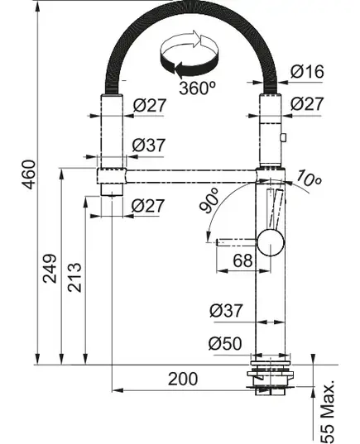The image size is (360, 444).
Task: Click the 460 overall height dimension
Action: point(29,174)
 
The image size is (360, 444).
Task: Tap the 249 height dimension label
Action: point(50,269)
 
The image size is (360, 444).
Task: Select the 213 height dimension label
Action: point(74,277)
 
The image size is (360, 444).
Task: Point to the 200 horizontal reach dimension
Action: point(183,379)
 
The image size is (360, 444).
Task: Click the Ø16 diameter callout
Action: point(307,71)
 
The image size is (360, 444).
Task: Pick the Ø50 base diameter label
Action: point(225,343)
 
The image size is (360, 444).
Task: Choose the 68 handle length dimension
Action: point(242,260)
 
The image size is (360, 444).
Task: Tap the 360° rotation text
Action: point(197,88)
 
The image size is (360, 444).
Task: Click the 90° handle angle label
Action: point(209,200)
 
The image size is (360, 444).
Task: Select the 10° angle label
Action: point(309,179)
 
